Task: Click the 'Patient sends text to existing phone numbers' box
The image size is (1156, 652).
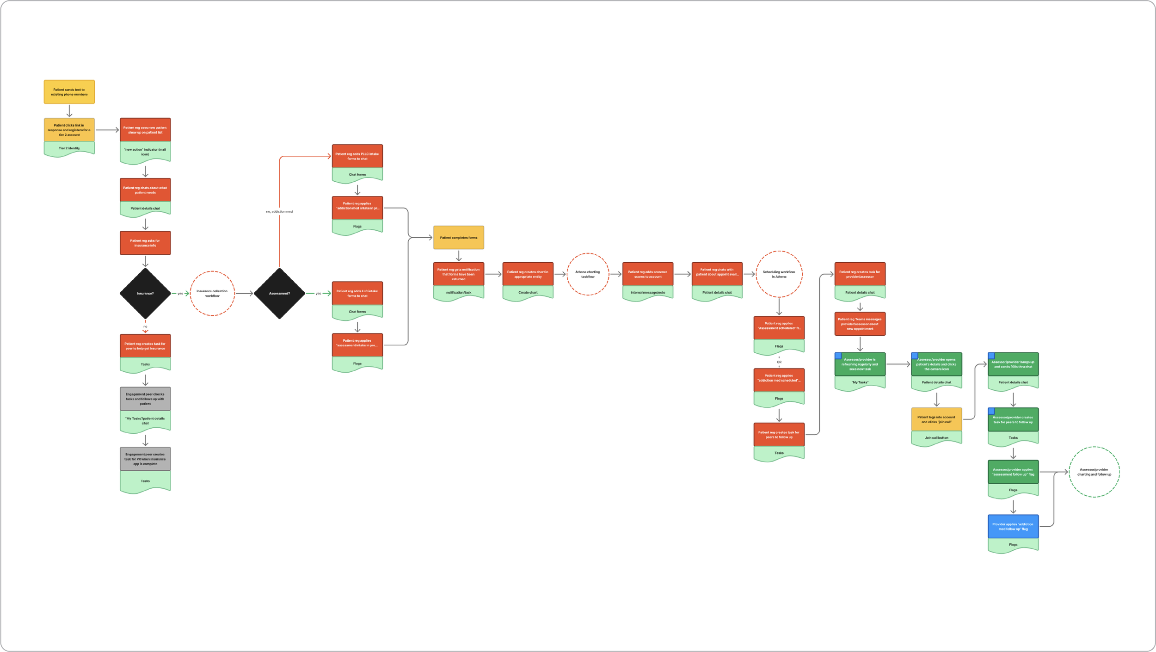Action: [69, 92]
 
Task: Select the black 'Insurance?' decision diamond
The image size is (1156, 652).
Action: [145, 294]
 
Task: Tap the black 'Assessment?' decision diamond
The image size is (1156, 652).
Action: [279, 294]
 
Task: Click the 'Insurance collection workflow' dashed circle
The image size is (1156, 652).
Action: [212, 294]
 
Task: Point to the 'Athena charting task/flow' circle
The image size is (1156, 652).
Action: [588, 274]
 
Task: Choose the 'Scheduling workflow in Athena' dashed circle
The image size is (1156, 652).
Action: [779, 274]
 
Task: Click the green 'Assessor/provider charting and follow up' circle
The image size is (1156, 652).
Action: [1094, 472]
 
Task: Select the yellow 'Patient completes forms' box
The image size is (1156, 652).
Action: [459, 238]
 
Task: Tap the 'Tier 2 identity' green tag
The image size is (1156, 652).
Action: [69, 148]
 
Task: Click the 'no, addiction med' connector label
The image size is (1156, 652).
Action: [279, 212]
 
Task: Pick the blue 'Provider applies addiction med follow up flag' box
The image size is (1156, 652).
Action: [1013, 527]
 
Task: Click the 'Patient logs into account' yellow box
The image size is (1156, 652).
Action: [936, 419]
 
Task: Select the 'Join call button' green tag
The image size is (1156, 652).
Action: [936, 437]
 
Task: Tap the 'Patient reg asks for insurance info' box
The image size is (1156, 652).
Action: [145, 243]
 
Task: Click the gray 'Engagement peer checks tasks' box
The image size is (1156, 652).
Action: [145, 399]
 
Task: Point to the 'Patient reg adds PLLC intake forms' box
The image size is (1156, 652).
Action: [357, 156]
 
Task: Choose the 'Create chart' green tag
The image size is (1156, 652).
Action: [528, 293]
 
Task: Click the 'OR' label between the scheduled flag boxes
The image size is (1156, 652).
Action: [779, 362]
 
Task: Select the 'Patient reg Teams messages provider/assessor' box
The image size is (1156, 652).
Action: [860, 324]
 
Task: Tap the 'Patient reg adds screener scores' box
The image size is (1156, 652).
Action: [648, 274]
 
